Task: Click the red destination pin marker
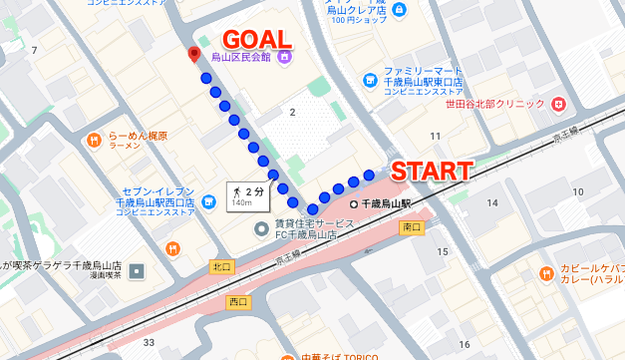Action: pos(194,55)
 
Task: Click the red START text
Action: pos(430,170)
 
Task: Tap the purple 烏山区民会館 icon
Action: pos(285,57)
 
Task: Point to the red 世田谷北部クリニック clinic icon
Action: pos(558,103)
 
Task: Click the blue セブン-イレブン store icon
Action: pos(208,199)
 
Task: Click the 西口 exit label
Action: pos(238,300)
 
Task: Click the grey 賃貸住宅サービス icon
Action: pos(261,228)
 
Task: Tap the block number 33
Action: pos(150,343)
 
